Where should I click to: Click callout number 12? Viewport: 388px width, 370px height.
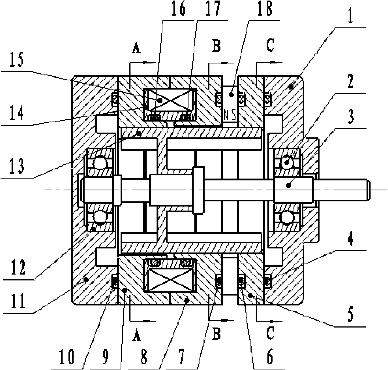point(18,268)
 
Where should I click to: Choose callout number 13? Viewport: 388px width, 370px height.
point(17,166)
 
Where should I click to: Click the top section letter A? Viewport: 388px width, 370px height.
point(137,47)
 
